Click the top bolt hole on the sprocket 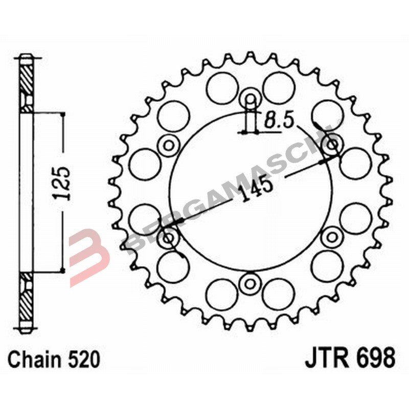click(x=251, y=97)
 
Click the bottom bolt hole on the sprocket click(x=251, y=283)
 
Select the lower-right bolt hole click(x=333, y=237)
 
